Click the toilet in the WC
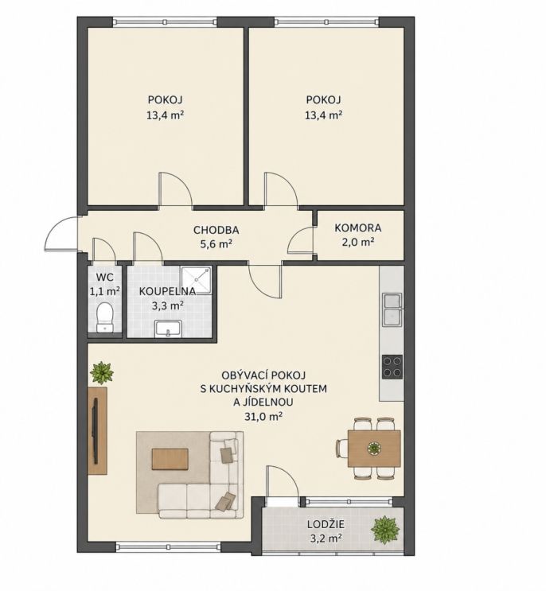pyautogui.click(x=104, y=317)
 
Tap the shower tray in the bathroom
pyautogui.click(x=196, y=281)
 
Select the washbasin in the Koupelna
pyautogui.click(x=169, y=329)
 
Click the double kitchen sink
pyautogui.click(x=392, y=309)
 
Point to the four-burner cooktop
pyautogui.click(x=392, y=367)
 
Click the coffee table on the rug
pyautogui.click(x=170, y=459)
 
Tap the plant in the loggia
pyautogui.click(x=385, y=531)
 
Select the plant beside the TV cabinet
pyautogui.click(x=101, y=373)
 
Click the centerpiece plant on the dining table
pyautogui.click(x=373, y=448)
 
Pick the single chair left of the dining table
pyautogui.click(x=341, y=449)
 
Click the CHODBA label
pyautogui.click(x=216, y=230)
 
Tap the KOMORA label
pyautogui.click(x=358, y=228)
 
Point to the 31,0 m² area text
pyautogui.click(x=263, y=417)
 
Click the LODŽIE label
pyautogui.click(x=326, y=524)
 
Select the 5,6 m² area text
pyautogui.click(x=216, y=244)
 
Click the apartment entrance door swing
pyautogui.click(x=61, y=234)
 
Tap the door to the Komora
pyautogui.click(x=301, y=240)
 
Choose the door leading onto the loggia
pyautogui.click(x=283, y=482)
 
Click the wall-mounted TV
pyautogui.click(x=95, y=430)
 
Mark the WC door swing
pyautogui.click(x=103, y=250)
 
